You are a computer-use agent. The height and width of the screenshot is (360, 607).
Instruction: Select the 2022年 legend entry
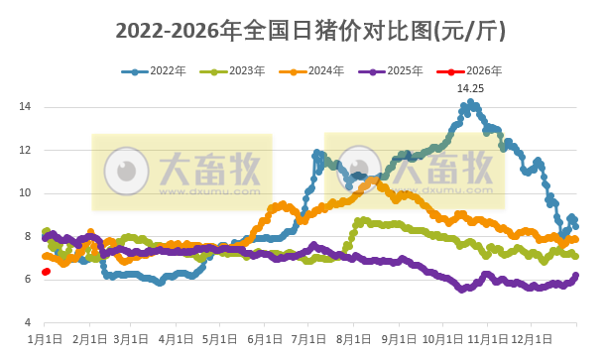point(163,71)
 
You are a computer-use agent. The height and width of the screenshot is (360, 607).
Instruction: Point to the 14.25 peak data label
point(470,88)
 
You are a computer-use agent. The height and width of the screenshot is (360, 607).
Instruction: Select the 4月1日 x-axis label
point(176,340)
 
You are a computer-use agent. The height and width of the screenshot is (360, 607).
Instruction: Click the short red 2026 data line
point(46,272)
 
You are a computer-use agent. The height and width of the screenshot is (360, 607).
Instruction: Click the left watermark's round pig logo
point(127,170)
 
